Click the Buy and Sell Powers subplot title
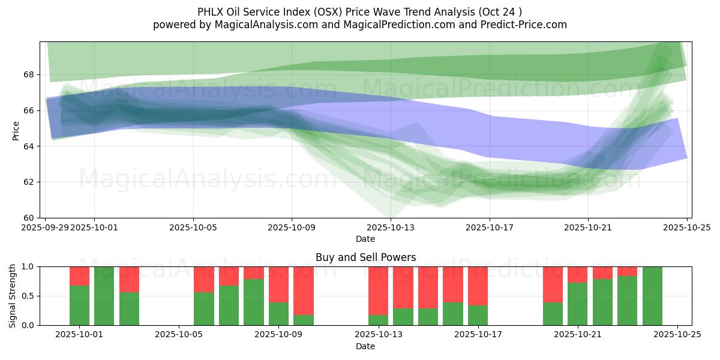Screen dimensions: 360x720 [x=365, y=257]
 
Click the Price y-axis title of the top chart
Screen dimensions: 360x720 [x=16, y=130]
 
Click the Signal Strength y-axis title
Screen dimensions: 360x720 [x=13, y=296]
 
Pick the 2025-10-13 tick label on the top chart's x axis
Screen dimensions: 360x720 [x=391, y=227]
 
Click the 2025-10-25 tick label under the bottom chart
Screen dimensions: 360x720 [x=677, y=335]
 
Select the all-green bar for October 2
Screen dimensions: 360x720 [x=104, y=296]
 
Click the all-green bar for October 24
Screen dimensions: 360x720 [x=652, y=296]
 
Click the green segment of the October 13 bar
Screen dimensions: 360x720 [x=378, y=320]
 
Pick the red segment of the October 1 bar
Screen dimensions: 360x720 [x=79, y=276]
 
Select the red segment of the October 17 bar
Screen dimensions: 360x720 [x=478, y=286]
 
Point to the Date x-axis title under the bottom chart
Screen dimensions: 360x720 [x=365, y=346]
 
